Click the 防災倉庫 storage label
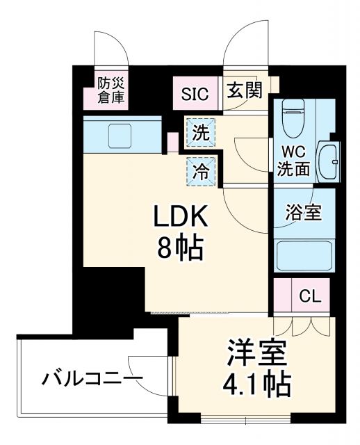point(111,90)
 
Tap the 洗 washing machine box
point(200,134)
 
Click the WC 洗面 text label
point(293,160)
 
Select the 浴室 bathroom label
point(304,213)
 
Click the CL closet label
point(309,297)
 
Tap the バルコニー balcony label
point(90,380)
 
